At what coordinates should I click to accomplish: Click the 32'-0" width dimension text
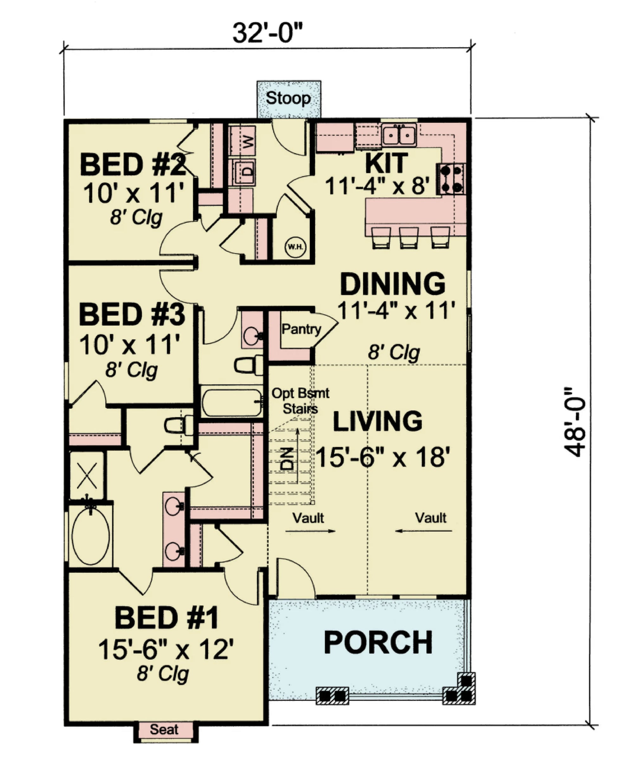tap(268, 33)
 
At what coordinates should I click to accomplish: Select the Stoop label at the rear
tap(288, 98)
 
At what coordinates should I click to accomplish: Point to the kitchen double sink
tap(399, 135)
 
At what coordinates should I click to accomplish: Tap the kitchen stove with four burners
tap(452, 178)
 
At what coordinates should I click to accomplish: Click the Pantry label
tap(301, 329)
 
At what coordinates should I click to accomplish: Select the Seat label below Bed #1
tap(164, 729)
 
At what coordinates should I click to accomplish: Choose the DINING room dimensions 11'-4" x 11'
tap(396, 310)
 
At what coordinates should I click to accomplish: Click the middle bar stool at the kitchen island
tap(409, 237)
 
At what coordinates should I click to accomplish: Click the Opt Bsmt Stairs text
tap(300, 401)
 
